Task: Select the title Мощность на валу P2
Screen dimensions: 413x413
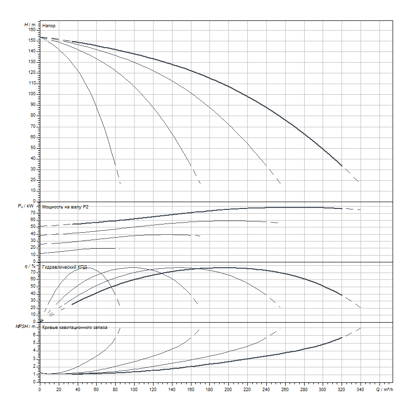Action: [x=66, y=207]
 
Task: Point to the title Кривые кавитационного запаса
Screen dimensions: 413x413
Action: [x=75, y=328]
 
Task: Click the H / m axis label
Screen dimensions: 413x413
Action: [x=30, y=24]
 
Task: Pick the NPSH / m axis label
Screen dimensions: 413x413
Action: [x=27, y=327]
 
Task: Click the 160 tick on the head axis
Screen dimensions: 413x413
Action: [x=32, y=30]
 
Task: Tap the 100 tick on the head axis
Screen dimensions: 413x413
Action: [x=32, y=94]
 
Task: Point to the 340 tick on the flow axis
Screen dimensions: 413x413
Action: [x=360, y=390]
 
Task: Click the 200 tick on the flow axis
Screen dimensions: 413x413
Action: [x=228, y=390]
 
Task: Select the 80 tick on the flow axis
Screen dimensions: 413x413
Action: [x=115, y=390]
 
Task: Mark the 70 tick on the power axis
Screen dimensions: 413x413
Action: [x=34, y=212]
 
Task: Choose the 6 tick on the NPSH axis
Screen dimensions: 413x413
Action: [x=35, y=334]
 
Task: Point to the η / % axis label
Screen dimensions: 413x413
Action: [x=29, y=267]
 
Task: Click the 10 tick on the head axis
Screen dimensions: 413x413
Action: [x=34, y=190]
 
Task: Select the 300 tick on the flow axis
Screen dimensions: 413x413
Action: [x=322, y=390]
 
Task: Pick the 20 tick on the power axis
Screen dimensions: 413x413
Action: [x=34, y=247]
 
